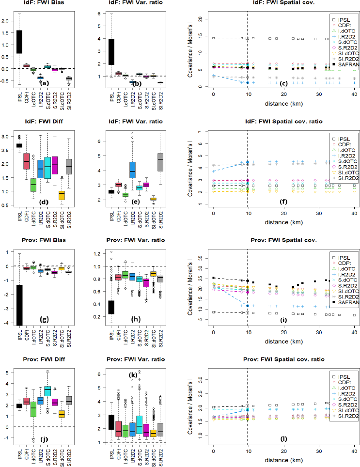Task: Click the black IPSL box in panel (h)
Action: (111, 307)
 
